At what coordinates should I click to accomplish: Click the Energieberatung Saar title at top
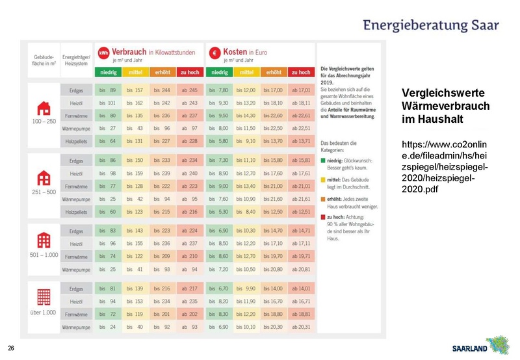431,26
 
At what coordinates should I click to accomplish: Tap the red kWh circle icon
103,53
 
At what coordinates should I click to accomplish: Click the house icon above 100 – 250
44,107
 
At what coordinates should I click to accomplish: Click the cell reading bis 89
108,90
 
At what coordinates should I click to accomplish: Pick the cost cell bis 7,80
220,90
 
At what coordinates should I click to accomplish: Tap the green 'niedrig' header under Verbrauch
108,72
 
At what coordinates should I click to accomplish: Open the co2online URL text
445,166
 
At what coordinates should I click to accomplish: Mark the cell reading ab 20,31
301,326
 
